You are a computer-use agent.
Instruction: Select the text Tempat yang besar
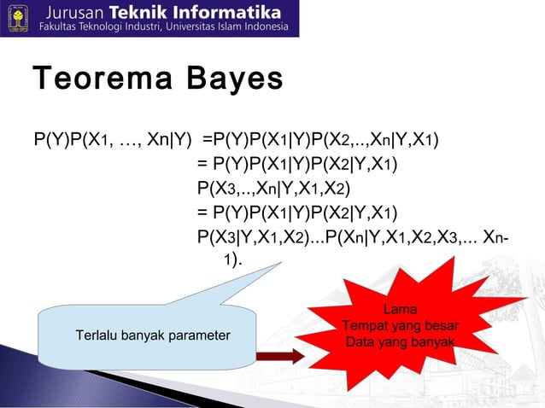click(401, 326)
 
